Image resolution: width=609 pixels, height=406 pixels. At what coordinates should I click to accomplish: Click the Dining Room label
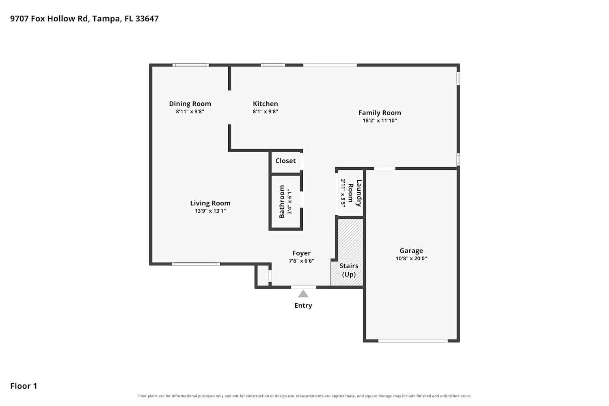click(190, 104)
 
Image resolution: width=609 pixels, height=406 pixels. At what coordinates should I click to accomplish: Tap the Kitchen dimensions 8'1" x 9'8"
click(266, 112)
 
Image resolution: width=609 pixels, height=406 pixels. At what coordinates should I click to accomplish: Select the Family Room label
click(380, 112)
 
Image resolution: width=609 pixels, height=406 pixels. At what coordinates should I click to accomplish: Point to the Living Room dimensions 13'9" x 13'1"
click(210, 211)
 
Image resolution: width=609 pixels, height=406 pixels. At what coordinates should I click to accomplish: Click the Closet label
click(285, 161)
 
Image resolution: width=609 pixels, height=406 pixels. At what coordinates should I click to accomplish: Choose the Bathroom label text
click(282, 201)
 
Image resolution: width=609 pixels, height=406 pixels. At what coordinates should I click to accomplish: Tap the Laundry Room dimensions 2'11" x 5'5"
click(343, 193)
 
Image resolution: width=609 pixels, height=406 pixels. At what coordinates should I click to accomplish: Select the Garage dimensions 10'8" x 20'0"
click(411, 258)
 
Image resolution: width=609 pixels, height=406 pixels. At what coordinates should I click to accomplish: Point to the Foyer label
click(302, 253)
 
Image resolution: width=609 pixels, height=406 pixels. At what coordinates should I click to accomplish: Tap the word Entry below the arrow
click(303, 306)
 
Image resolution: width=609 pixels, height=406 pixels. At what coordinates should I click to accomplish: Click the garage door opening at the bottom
click(413, 341)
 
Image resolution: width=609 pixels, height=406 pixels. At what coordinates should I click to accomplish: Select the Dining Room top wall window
click(190, 65)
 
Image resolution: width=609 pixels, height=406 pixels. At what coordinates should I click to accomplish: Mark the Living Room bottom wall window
click(196, 264)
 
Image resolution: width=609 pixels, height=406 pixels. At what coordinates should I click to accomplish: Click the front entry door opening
click(303, 287)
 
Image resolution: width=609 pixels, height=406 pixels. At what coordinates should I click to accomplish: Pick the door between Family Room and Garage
click(385, 168)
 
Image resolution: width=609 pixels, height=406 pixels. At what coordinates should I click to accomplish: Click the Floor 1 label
click(24, 386)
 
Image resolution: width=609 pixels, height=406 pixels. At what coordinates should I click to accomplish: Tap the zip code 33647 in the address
click(147, 19)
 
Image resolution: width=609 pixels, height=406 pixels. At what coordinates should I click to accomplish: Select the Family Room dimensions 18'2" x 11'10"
click(380, 121)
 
